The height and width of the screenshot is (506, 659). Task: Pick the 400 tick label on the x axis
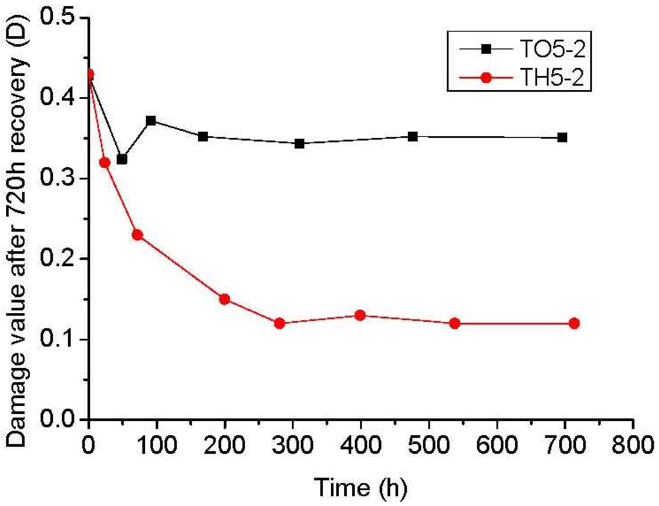pos(360,444)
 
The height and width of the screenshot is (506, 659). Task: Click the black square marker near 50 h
pos(122,159)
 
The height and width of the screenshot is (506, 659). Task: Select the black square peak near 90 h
pos(151,121)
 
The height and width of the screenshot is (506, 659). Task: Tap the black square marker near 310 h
pos(299,144)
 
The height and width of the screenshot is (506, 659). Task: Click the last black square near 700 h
pos(562,138)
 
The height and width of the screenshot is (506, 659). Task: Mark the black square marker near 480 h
pos(413,136)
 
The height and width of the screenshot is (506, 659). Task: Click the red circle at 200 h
pos(225,299)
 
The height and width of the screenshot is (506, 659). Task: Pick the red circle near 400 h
pos(360,315)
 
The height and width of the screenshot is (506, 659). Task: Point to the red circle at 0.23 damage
pos(137,235)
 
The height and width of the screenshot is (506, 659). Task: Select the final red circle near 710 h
pos(574,323)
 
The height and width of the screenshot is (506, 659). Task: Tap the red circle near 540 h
pos(455,323)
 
